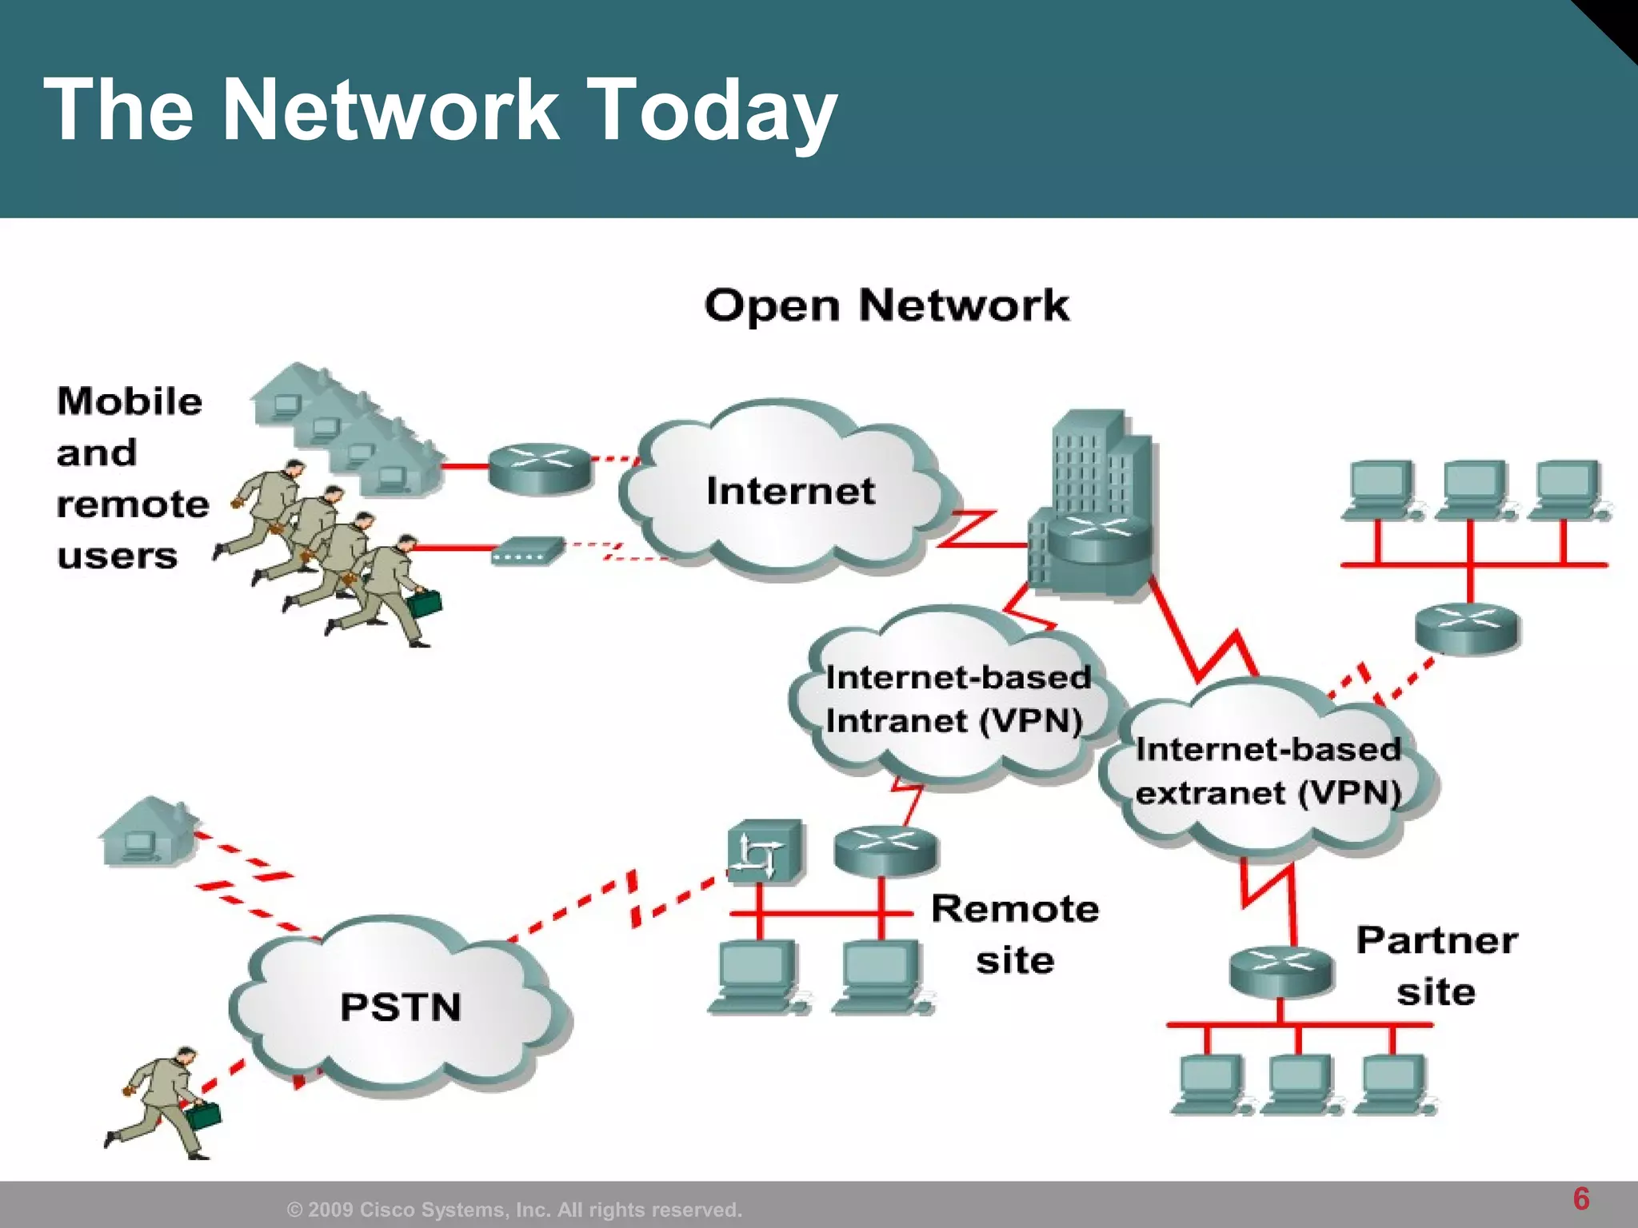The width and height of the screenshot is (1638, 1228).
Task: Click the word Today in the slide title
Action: [712, 110]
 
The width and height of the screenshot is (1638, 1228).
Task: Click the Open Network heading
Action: [886, 305]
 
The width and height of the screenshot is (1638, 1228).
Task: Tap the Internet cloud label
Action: [790, 491]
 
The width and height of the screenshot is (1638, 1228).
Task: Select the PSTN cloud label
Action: [401, 1007]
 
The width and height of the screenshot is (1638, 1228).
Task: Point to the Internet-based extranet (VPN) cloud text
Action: [1268, 771]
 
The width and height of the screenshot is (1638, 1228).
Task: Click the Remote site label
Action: [1015, 934]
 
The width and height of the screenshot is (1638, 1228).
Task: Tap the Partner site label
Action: [1436, 966]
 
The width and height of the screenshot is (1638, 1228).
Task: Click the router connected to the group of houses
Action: [540, 468]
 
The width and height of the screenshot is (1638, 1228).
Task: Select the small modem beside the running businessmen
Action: [527, 551]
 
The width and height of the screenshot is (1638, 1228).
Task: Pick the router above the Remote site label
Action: [885, 851]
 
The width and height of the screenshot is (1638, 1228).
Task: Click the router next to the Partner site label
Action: [1280, 971]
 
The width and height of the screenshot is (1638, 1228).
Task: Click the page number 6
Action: [1580, 1198]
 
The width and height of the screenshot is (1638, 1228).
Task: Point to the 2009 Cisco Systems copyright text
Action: [514, 1210]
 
